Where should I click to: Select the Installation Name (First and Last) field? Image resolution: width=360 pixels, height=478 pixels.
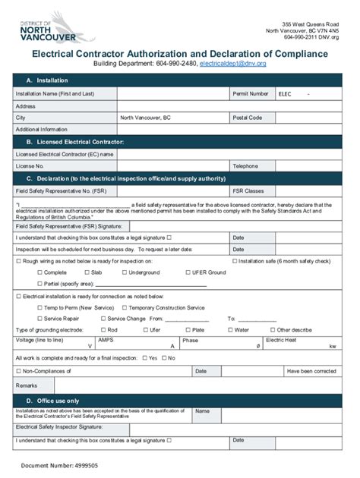[173, 94]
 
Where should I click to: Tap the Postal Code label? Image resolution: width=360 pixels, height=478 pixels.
[248, 118]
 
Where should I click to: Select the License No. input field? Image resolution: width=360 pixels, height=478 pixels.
[173, 165]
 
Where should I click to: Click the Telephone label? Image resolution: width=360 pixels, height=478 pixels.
[246, 165]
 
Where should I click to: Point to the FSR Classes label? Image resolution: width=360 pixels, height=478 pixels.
[249, 190]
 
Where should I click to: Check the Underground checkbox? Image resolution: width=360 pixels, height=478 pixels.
[124, 272]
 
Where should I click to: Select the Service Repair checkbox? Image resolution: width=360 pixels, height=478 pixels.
[39, 319]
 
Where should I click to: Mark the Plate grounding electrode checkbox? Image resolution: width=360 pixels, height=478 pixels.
[188, 330]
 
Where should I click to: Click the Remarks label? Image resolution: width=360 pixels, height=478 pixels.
[27, 385]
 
